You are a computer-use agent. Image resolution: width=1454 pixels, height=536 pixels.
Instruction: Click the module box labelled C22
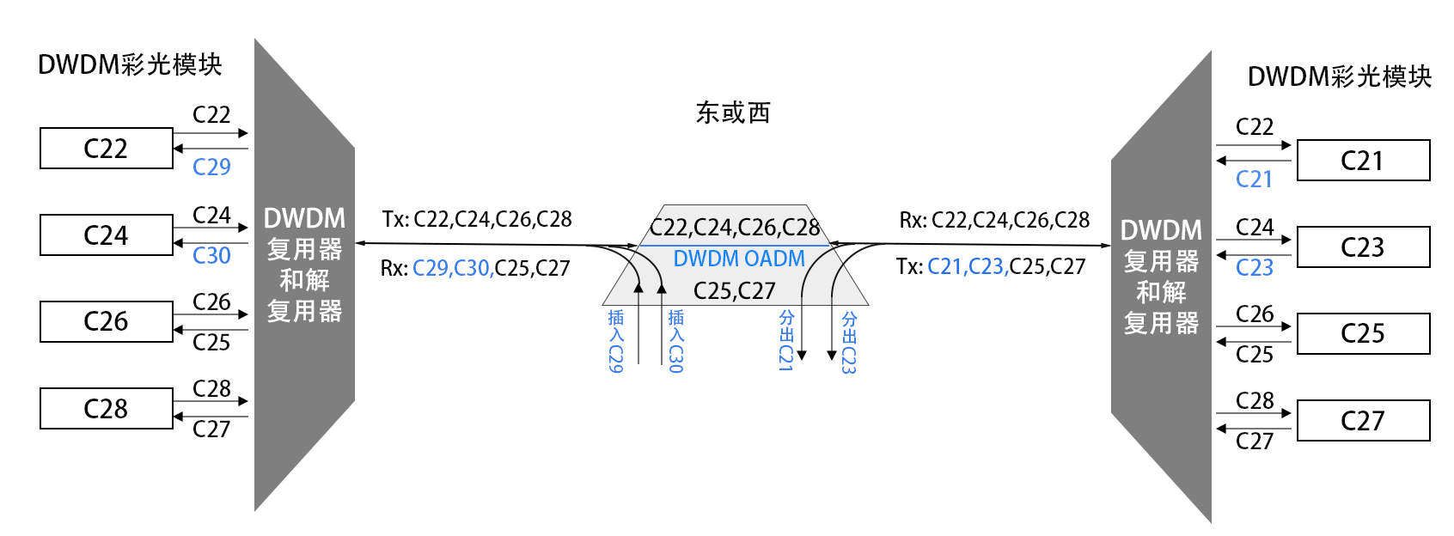click(107, 148)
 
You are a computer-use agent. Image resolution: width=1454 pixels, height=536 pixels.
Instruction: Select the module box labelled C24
click(107, 234)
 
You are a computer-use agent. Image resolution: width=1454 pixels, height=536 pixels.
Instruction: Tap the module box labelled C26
click(107, 321)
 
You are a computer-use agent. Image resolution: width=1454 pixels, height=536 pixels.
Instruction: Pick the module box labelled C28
click(107, 408)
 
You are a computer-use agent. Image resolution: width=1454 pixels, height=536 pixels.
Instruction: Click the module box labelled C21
click(1363, 161)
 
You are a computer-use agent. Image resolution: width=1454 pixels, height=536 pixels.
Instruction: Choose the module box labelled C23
click(1363, 247)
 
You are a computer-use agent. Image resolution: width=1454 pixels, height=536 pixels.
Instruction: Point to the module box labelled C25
click(1363, 333)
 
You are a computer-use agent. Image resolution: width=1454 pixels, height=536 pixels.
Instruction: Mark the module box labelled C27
click(1363, 421)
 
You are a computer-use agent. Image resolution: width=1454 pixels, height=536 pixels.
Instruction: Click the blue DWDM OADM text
click(739, 259)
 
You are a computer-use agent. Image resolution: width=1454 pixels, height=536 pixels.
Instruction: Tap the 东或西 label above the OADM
click(733, 113)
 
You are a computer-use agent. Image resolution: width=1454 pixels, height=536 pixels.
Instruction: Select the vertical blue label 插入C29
click(615, 341)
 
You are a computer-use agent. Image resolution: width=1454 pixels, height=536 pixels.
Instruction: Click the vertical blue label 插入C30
click(675, 341)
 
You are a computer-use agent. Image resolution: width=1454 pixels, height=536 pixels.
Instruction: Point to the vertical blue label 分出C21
click(786, 341)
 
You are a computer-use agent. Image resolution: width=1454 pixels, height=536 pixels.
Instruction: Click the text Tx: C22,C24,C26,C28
click(477, 219)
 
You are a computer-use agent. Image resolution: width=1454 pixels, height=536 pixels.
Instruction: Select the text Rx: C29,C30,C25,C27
click(475, 268)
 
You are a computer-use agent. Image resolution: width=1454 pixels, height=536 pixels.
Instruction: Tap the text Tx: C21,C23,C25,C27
click(991, 266)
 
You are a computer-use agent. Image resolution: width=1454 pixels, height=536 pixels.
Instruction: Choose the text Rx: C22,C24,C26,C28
click(994, 221)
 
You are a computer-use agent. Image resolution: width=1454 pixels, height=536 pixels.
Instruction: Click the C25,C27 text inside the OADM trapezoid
click(734, 290)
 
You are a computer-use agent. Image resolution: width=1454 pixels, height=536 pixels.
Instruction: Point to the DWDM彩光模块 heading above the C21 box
click(1339, 76)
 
